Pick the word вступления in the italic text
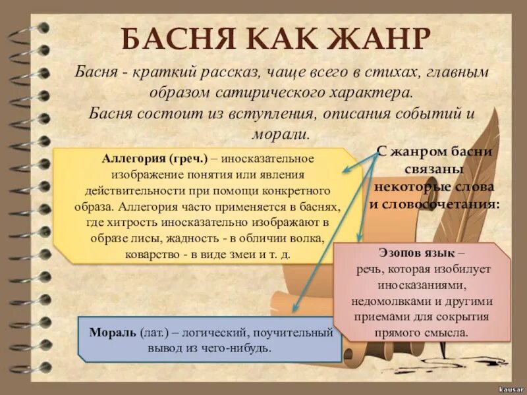point(266,112)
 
